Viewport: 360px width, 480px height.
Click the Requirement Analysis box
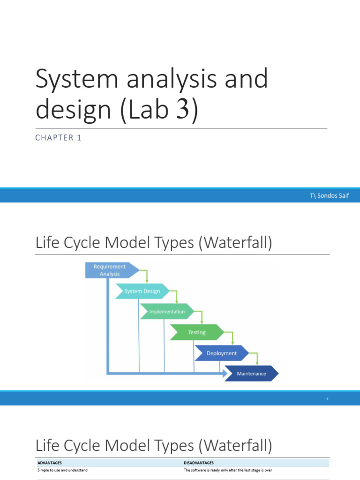coord(111,270)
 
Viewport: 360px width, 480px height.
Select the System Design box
coord(142,291)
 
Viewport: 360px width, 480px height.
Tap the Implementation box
coord(167,312)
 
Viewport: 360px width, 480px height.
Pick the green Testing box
coord(197,332)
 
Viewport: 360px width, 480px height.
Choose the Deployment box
coord(222,353)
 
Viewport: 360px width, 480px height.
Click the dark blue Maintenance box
coord(251,374)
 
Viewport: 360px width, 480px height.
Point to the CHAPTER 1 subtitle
coord(59,138)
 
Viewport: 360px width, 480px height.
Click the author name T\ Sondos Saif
coord(329,195)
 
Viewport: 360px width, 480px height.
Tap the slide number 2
coord(327,399)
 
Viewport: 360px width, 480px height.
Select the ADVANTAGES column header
coord(50,463)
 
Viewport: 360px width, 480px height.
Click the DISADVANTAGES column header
coord(199,463)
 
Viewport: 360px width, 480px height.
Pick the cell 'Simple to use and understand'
coord(62,470)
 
